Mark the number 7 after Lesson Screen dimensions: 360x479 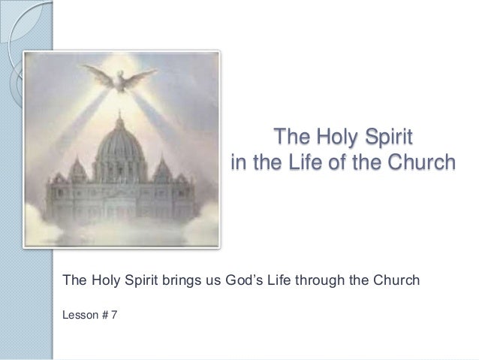tap(113, 315)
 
